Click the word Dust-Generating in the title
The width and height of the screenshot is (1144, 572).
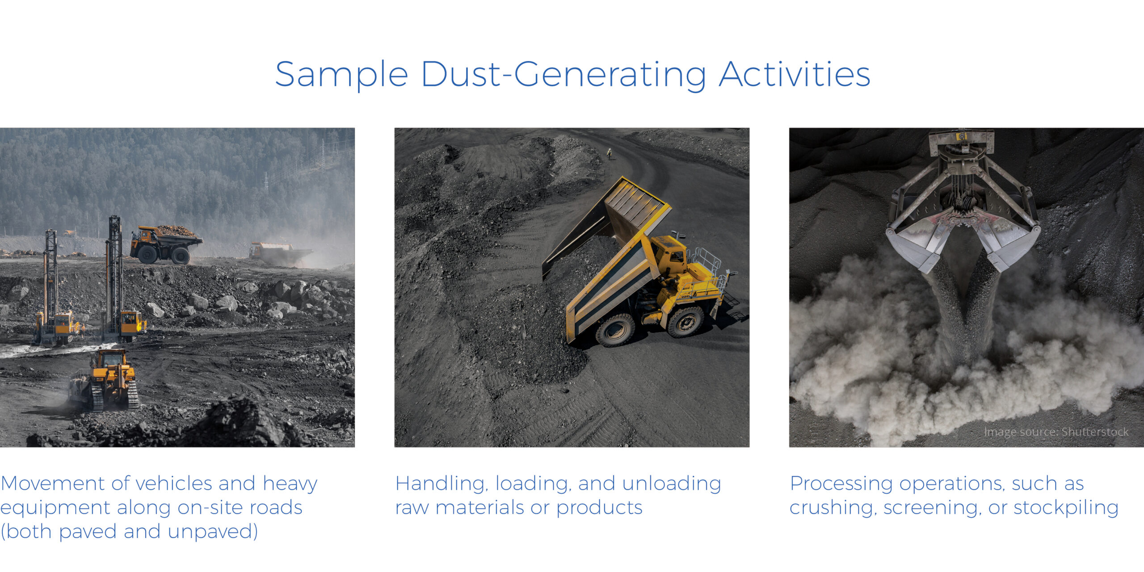(x=563, y=75)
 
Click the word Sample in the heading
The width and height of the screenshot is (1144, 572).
(x=341, y=75)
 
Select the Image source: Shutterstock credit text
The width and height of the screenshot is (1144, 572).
(x=1056, y=432)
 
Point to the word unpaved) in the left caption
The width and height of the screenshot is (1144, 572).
(x=213, y=532)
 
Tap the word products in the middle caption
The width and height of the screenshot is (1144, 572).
(x=599, y=508)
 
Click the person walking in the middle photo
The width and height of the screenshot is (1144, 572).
(x=609, y=154)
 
